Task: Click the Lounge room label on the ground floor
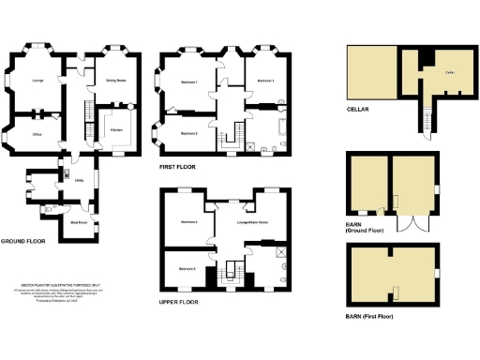(x=38, y=81)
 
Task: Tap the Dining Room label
(x=115, y=81)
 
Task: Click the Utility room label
(x=81, y=180)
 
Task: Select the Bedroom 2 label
(x=188, y=134)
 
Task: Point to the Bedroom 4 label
(x=188, y=221)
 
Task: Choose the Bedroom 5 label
(x=187, y=269)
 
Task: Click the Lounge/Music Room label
(x=251, y=222)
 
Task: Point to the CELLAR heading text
(x=358, y=110)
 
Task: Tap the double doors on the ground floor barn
(x=410, y=224)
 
